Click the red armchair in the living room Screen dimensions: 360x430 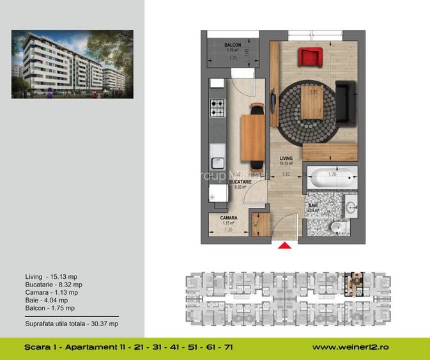coord(311,56)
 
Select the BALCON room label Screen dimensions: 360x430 coord(232,45)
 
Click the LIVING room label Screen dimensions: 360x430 coord(286,158)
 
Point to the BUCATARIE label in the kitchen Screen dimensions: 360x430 coord(241,182)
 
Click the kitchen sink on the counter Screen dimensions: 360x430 coord(217,154)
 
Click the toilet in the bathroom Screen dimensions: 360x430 coord(337,228)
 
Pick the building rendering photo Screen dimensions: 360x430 coord(72,64)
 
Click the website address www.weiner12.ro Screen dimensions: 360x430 coord(350,348)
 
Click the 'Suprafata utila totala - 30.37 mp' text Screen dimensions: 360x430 coord(72,324)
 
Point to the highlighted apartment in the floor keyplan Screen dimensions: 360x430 coord(353,283)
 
